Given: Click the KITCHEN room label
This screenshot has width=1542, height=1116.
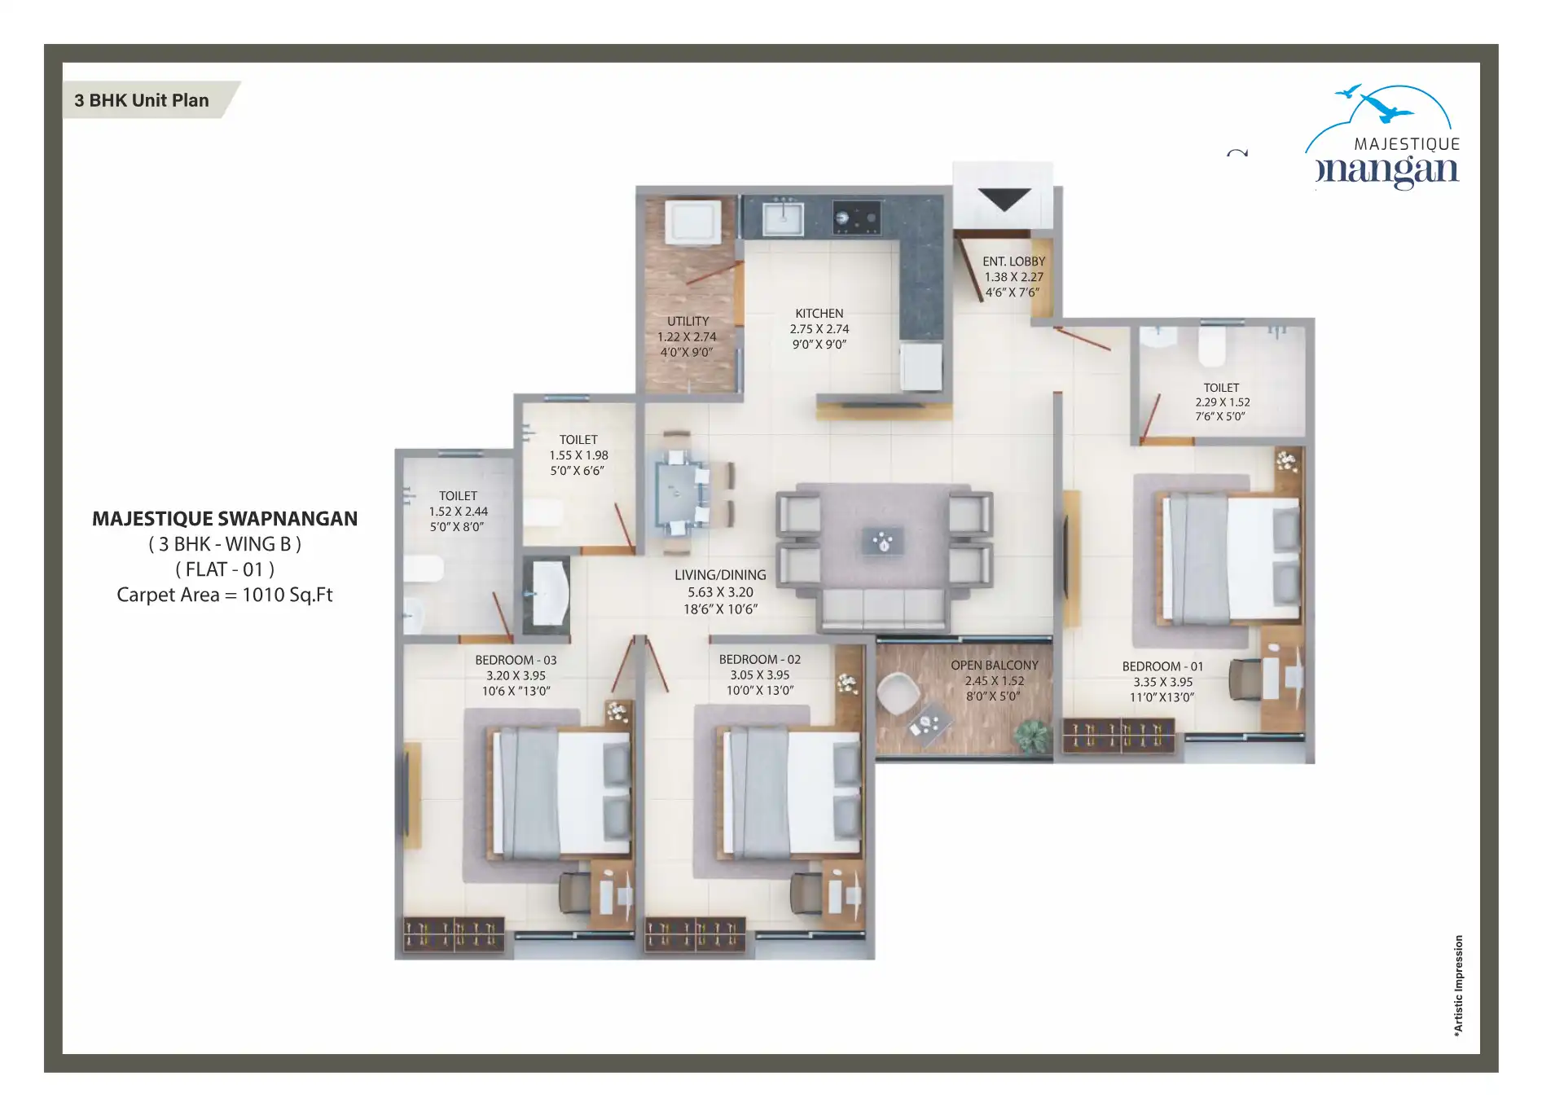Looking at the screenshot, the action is (x=819, y=314).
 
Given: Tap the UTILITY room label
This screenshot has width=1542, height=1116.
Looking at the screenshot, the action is (x=688, y=322).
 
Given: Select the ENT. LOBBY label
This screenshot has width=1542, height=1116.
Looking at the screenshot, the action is (x=1013, y=261).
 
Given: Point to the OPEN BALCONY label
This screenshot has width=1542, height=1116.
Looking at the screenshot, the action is (x=995, y=666).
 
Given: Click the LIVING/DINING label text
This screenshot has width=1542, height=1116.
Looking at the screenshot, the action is (x=720, y=575).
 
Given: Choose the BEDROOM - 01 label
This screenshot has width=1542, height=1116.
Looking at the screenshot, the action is (x=1162, y=666).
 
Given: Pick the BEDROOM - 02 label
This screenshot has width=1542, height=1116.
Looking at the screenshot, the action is (x=760, y=659).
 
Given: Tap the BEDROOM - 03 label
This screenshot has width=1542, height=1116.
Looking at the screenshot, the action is (x=516, y=660).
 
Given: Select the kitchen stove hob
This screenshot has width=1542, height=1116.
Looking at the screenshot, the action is (x=856, y=217).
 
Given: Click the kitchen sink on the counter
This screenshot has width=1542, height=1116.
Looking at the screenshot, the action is (x=783, y=217).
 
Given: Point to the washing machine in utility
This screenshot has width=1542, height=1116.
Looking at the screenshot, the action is (x=692, y=222).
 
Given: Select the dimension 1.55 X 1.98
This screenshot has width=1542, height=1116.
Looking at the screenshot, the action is (x=578, y=455).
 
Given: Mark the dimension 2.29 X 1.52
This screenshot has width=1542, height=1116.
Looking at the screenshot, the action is (x=1222, y=402).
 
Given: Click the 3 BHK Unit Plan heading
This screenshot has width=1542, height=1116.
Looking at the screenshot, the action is (x=142, y=100).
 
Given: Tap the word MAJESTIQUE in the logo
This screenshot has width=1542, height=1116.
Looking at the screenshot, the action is (x=1407, y=144).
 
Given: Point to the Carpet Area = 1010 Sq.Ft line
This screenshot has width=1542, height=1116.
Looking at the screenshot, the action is (x=225, y=595).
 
